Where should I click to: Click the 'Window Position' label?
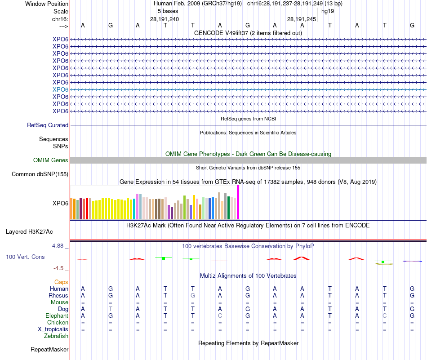(47, 4)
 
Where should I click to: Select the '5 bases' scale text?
(168, 11)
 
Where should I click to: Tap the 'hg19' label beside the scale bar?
(327, 11)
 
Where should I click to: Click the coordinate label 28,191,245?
(302, 19)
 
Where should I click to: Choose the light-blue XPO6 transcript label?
(60, 89)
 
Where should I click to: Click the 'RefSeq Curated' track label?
(48, 125)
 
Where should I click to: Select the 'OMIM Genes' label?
(51, 160)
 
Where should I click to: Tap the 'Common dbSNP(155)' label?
(40, 174)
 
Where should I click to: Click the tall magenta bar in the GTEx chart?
(238, 202)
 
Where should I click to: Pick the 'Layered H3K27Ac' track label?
(29, 232)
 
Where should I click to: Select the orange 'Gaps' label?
(61, 282)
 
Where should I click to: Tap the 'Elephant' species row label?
(57, 316)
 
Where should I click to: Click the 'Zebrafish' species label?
(56, 336)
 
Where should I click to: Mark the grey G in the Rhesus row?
(193, 296)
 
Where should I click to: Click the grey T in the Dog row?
(111, 309)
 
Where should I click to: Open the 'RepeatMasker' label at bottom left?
(49, 349)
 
